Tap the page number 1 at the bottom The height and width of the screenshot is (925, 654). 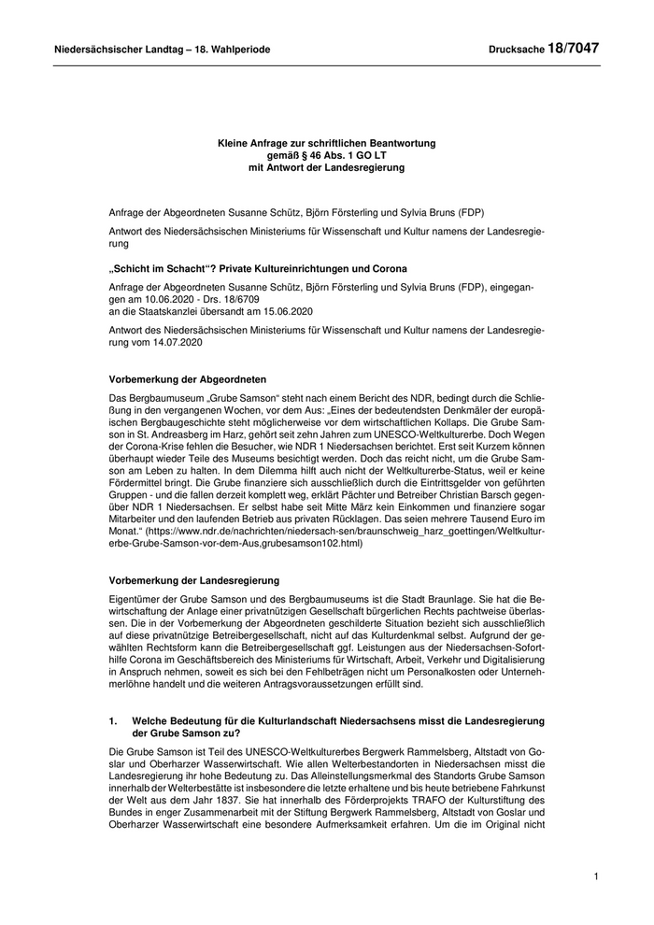pyautogui.click(x=595, y=876)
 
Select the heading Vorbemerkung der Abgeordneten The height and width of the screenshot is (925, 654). pyautogui.click(x=188, y=381)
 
